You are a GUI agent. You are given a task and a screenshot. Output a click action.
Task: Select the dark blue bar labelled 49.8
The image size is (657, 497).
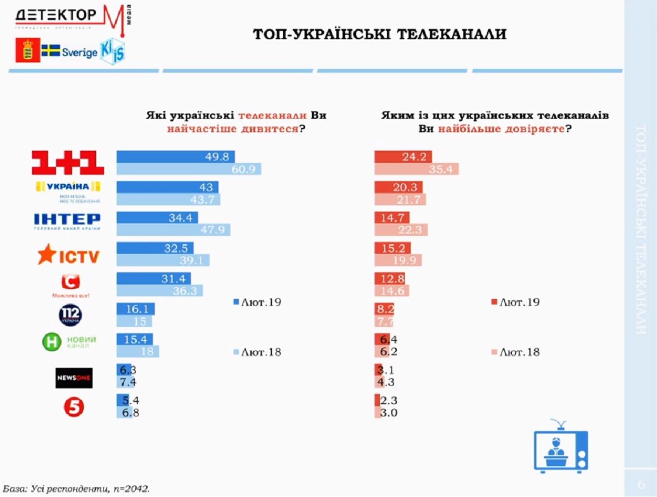point(175,156)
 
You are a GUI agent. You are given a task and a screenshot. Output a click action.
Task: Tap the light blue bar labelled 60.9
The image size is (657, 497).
point(189,169)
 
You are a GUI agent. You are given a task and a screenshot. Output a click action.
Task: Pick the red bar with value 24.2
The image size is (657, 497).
point(402,156)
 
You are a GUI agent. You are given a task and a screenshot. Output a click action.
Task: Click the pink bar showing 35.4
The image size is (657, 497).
point(416,169)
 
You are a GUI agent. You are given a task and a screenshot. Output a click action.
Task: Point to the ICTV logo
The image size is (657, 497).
point(67,254)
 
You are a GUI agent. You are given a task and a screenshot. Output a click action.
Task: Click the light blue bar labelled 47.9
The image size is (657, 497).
point(174,230)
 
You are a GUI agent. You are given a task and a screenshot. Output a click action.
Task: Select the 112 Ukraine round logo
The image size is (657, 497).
point(71,315)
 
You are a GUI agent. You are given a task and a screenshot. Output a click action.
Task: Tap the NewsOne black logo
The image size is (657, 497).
point(74,378)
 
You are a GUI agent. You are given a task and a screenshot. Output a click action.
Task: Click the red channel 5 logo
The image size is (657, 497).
point(74,407)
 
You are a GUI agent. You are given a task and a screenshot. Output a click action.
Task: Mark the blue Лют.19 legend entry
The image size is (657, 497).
point(257,302)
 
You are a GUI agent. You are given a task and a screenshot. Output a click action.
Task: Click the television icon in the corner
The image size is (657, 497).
point(560,447)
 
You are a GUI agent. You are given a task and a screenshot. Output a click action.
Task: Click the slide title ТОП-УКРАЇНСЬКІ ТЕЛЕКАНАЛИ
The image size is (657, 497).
point(379,35)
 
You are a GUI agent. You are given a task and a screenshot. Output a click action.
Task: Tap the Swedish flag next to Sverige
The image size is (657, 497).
point(51,52)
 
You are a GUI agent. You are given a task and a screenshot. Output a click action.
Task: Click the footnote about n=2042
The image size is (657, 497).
point(76,487)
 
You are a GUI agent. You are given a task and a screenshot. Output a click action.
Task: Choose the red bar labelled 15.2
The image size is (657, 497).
point(392,248)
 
